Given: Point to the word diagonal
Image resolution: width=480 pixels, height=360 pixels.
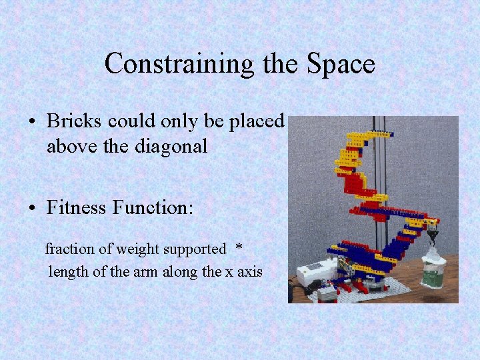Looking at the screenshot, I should (176, 146).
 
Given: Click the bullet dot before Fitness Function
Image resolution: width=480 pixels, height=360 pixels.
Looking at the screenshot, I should (32, 209).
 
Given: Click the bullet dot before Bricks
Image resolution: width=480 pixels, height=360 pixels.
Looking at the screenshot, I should (32, 122).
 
